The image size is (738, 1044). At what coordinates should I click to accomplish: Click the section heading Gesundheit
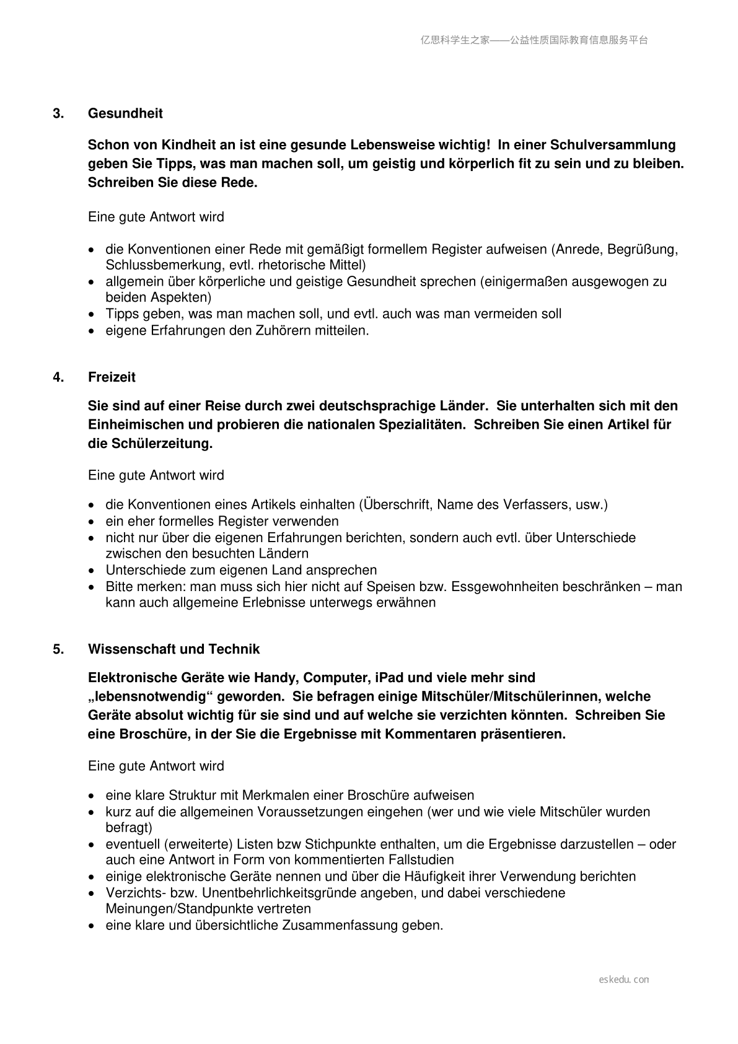125,113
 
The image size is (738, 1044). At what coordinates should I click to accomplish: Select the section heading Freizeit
112,377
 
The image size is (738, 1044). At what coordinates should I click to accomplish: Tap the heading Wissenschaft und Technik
174,649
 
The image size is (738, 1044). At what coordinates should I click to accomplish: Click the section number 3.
58,113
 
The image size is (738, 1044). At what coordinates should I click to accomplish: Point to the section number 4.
58,377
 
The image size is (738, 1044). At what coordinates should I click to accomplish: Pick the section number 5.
58,649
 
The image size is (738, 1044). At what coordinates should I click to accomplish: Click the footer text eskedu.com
624,980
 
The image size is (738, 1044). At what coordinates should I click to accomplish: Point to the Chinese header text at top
534,40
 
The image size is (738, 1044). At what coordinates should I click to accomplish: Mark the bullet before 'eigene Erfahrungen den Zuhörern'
92,331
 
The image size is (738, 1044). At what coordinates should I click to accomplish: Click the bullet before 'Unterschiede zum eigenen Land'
92,571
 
